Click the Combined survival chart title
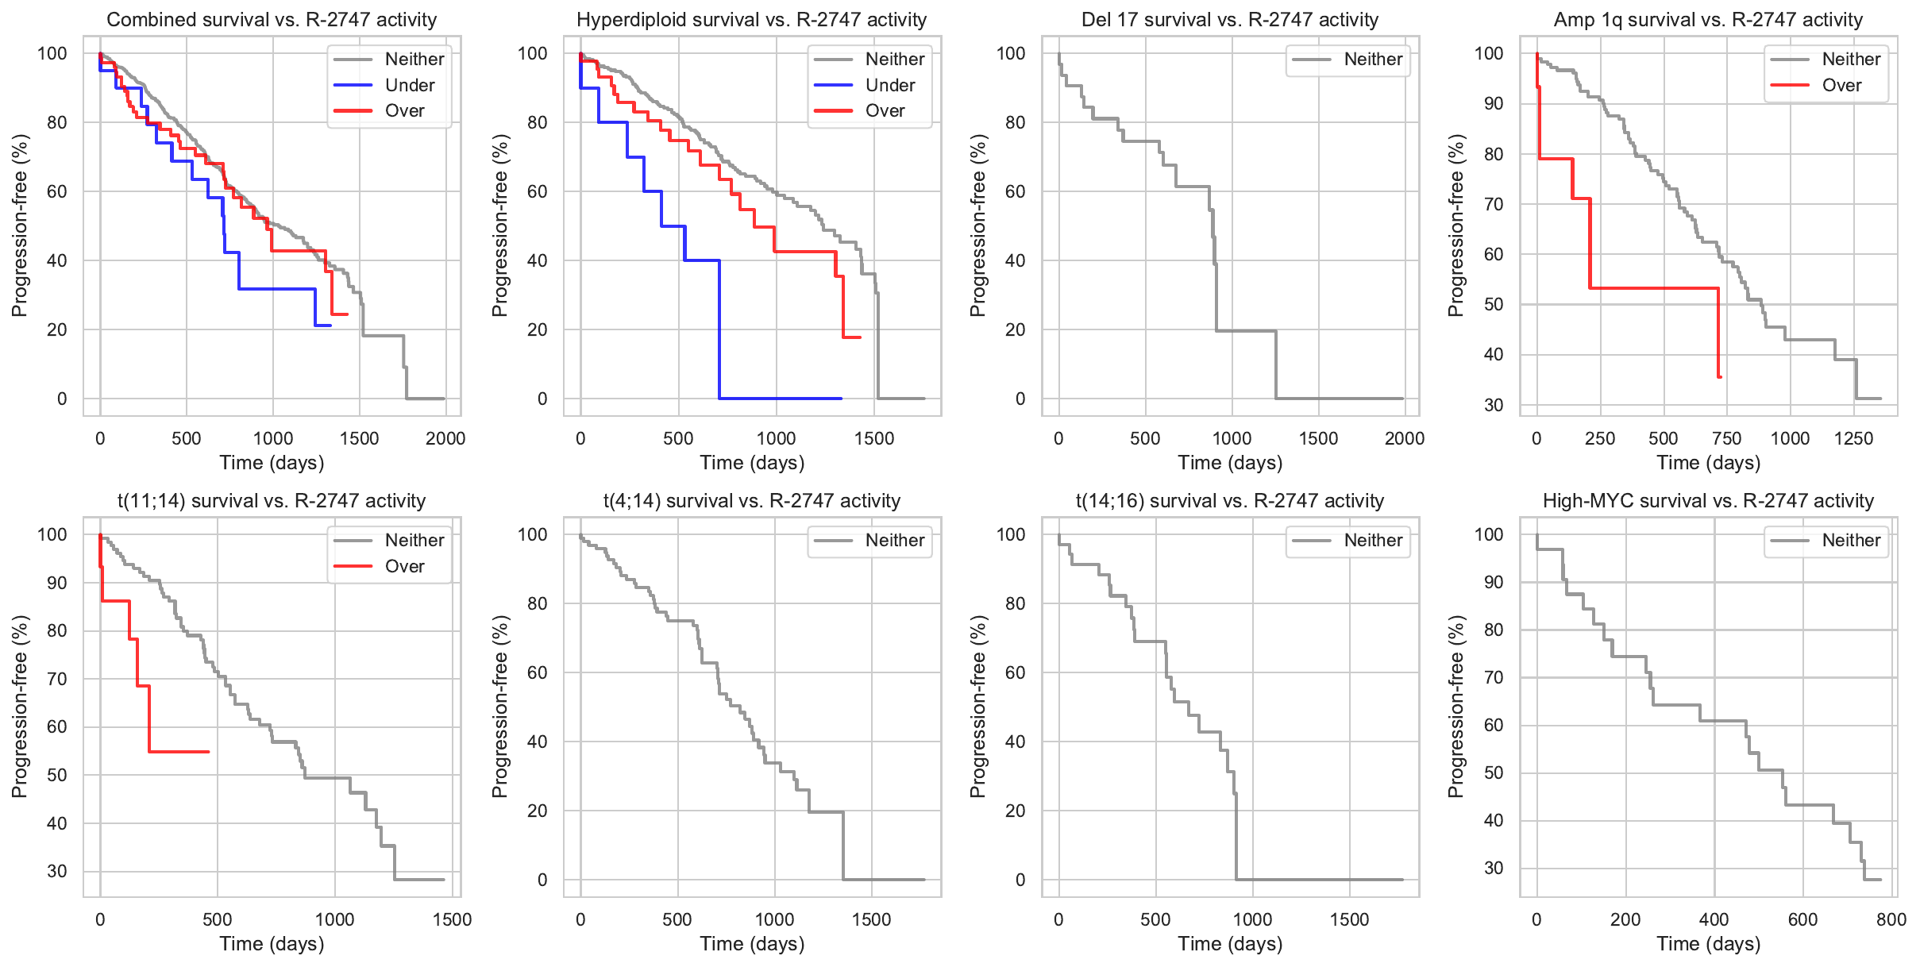point(272,20)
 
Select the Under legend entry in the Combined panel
point(409,85)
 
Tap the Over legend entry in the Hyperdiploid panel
point(885,111)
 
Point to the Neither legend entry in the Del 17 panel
point(1373,60)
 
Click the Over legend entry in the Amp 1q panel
point(1841,85)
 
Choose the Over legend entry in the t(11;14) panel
point(404,566)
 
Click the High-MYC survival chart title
point(1708,501)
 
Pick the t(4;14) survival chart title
point(751,501)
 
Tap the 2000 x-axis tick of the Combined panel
point(445,439)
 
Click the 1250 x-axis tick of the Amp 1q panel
point(1853,439)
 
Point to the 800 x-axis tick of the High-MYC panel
point(1891,920)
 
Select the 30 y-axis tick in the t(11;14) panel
point(57,871)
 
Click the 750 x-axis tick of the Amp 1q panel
point(1727,439)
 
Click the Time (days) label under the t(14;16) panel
point(1230,944)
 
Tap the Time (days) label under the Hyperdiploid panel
point(751,463)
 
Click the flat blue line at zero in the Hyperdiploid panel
point(778,399)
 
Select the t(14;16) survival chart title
point(1230,501)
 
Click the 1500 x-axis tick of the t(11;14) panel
point(452,920)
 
